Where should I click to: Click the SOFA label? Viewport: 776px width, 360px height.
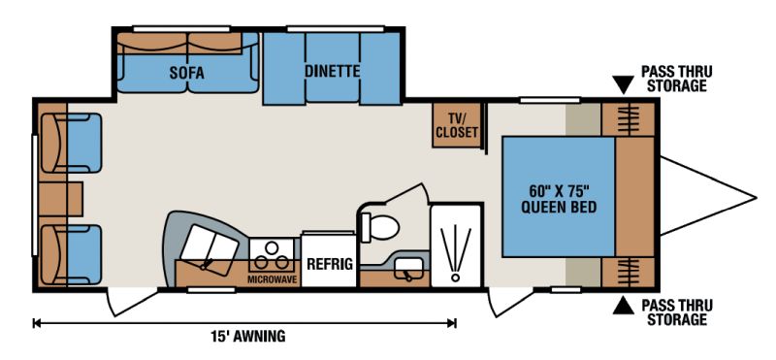[186, 74]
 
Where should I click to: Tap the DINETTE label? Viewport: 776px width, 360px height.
[332, 71]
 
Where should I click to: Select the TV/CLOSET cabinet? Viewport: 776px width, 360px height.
[456, 125]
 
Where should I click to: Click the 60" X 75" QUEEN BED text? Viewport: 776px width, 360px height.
[559, 198]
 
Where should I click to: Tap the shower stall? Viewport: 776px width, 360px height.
[456, 245]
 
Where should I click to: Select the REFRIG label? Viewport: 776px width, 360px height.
[330, 264]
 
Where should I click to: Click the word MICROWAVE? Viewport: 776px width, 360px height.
[274, 279]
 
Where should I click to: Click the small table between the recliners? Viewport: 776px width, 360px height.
[60, 199]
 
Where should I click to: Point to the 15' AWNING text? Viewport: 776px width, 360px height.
[248, 337]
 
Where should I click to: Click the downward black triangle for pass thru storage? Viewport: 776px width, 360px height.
[623, 84]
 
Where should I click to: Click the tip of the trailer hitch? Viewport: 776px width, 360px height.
[757, 198]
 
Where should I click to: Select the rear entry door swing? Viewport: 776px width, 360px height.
[131, 301]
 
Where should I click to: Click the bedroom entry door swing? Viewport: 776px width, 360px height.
[510, 302]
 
